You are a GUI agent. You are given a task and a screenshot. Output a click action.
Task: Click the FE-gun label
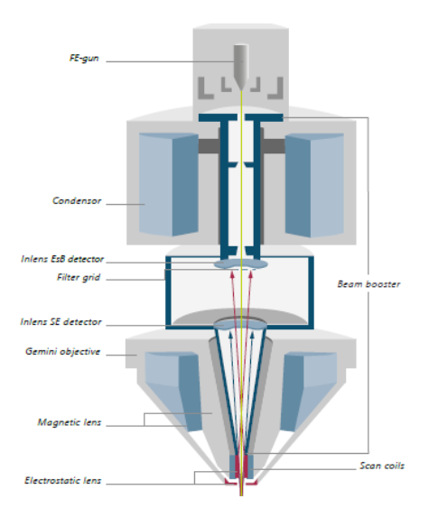point(84,59)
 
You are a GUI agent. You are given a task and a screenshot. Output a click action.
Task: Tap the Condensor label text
point(77,201)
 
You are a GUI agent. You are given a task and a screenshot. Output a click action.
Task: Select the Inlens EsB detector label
point(62,259)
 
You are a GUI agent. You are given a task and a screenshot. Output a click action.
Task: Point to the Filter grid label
point(79,278)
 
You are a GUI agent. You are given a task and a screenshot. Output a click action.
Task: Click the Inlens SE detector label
point(61,322)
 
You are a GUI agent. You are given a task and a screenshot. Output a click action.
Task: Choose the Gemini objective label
point(62,352)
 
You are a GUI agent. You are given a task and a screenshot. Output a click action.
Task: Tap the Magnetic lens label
point(70,422)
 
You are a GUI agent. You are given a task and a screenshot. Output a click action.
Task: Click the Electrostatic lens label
point(63,480)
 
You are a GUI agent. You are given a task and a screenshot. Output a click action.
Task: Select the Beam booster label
point(369,284)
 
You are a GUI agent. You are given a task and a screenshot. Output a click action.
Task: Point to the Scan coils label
point(382,466)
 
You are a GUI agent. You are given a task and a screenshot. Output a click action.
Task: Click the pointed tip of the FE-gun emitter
point(241,90)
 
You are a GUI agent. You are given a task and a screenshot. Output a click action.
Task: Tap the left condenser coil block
point(169,184)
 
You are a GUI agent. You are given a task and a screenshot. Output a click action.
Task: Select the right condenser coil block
point(314,185)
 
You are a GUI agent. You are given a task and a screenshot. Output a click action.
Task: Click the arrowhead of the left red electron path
point(232,273)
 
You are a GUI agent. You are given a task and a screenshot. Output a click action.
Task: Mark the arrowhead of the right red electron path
point(251,273)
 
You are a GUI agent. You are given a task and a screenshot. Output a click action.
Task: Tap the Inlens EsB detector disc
point(241,264)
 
